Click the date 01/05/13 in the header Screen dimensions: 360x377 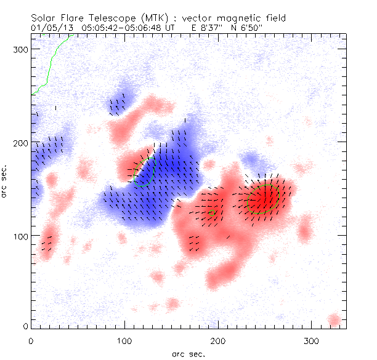(48, 27)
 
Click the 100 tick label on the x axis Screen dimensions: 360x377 (124, 340)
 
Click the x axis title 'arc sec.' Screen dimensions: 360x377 (188, 353)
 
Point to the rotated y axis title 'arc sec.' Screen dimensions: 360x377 (7, 181)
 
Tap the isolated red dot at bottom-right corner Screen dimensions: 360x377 (334, 320)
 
